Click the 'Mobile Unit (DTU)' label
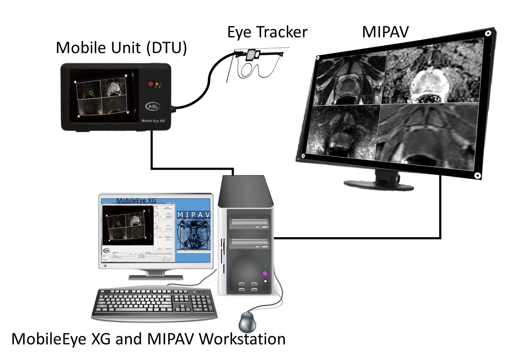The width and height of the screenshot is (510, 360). tap(121, 48)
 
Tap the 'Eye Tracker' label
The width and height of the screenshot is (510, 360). tap(267, 32)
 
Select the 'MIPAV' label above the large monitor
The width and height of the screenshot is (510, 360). tap(385, 32)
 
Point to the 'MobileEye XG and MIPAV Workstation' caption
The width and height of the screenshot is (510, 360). tap(148, 339)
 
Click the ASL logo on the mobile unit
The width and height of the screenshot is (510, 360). tap(153, 106)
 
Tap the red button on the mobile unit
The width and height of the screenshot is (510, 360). tap(151, 83)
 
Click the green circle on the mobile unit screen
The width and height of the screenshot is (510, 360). tap(91, 93)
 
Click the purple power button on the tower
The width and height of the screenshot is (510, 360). tap(265, 273)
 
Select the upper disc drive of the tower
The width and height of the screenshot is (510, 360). tap(249, 224)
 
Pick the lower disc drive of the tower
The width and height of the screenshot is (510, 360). tap(249, 244)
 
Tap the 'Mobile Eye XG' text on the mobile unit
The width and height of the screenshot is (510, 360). tap(153, 121)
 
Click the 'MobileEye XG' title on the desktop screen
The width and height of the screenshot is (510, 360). tap(136, 201)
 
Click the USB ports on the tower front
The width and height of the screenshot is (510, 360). tap(248, 286)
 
